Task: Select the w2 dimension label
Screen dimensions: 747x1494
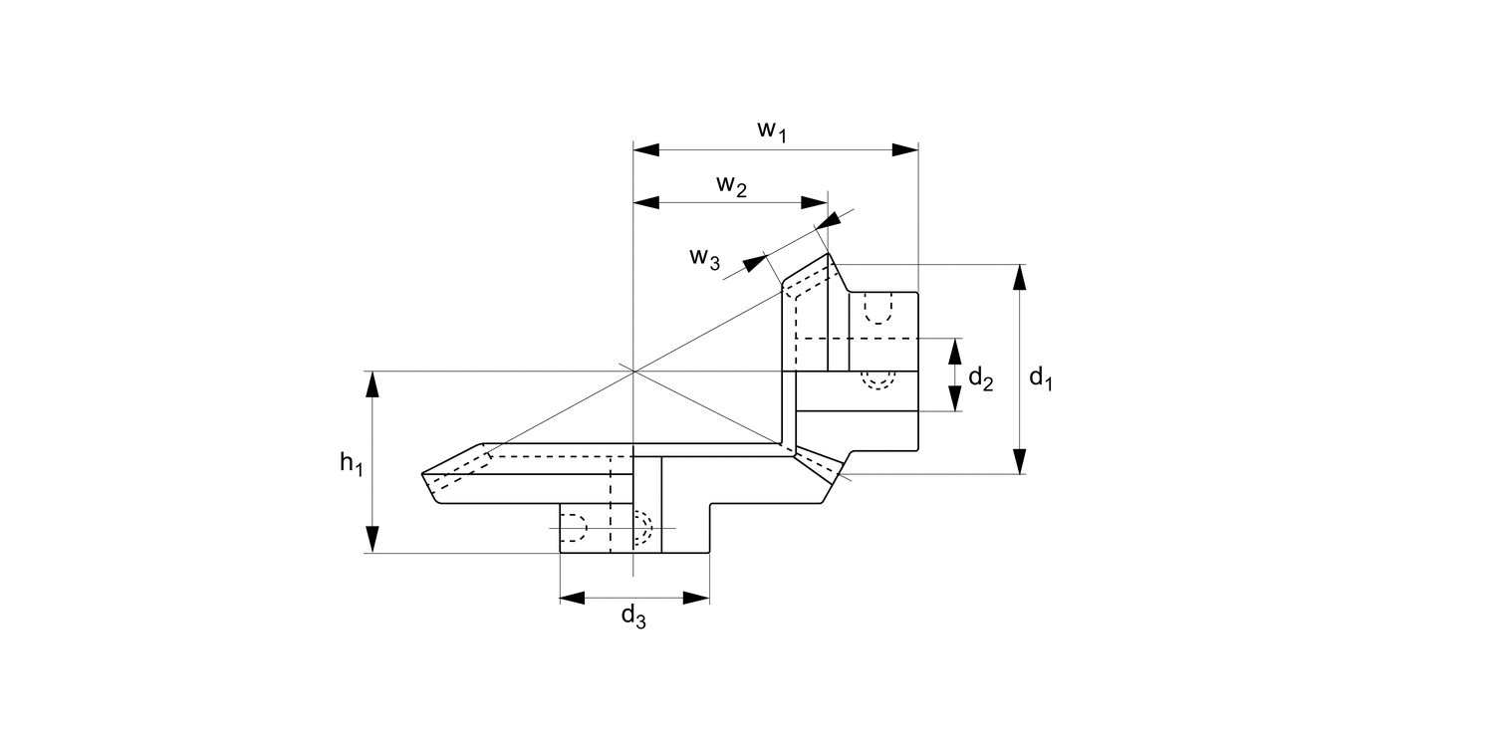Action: coord(731,185)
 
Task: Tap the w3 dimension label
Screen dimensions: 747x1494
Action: coord(704,257)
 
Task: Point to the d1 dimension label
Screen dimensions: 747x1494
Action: coord(1041,378)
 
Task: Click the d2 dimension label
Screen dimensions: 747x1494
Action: coord(980,378)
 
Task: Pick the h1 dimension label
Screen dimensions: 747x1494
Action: coord(350,463)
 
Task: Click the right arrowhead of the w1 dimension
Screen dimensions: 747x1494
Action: coord(904,149)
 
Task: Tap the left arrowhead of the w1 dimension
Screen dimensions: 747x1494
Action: coord(647,149)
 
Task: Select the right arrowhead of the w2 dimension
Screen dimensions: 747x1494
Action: coord(815,202)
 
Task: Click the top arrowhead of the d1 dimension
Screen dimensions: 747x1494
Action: coord(1019,278)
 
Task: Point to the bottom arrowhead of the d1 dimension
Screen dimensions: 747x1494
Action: coord(1019,461)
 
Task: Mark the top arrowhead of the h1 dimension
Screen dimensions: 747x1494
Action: coord(373,384)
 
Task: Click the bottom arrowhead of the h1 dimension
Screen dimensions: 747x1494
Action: coord(373,540)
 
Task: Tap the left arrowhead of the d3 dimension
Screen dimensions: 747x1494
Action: coord(573,598)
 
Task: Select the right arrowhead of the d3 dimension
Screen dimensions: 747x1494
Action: coord(696,598)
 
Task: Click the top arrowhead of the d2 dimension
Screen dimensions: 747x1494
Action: coord(955,352)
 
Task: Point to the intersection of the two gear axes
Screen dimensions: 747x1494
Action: coord(633,371)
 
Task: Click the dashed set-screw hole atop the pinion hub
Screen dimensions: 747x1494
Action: coord(877,308)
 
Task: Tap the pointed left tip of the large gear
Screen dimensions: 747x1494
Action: coord(424,474)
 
